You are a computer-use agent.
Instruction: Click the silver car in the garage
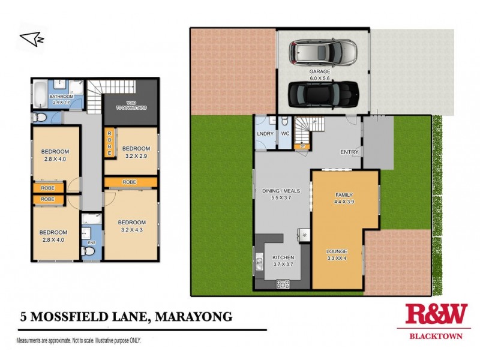324,53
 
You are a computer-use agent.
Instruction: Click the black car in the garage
324,92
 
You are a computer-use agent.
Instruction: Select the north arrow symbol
32,39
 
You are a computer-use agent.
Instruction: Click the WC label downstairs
286,134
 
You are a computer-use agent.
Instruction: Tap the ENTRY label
349,152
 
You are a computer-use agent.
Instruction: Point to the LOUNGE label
337,252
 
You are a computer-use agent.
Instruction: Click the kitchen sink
259,262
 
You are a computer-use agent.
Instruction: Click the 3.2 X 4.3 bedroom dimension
131,229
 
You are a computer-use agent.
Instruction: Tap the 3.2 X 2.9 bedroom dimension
136,155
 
